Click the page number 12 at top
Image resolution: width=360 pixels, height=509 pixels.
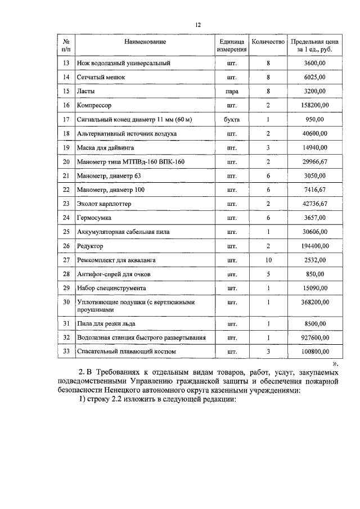coord(198,25)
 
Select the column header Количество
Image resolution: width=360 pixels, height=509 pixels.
coord(268,42)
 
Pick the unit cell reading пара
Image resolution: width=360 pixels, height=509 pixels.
coord(231,91)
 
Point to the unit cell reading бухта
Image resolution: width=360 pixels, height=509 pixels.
coord(231,119)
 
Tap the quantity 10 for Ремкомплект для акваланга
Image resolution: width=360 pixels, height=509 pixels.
coord(268,260)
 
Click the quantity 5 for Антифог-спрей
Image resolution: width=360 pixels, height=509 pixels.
coord(268,274)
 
